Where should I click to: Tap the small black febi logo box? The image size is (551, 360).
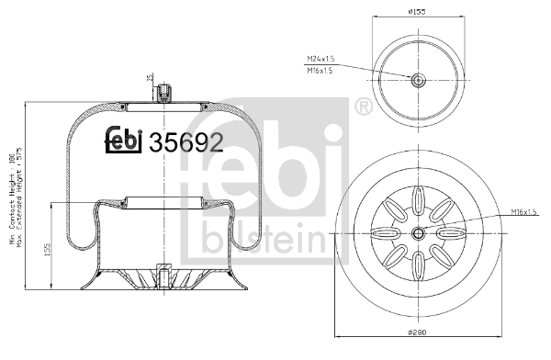(125, 140)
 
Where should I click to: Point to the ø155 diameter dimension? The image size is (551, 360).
(418, 13)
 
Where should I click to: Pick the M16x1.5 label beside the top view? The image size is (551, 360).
(320, 70)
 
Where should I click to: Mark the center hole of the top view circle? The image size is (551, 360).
(418, 80)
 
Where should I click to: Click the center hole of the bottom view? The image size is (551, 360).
(418, 233)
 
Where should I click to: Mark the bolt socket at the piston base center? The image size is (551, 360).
(163, 276)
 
